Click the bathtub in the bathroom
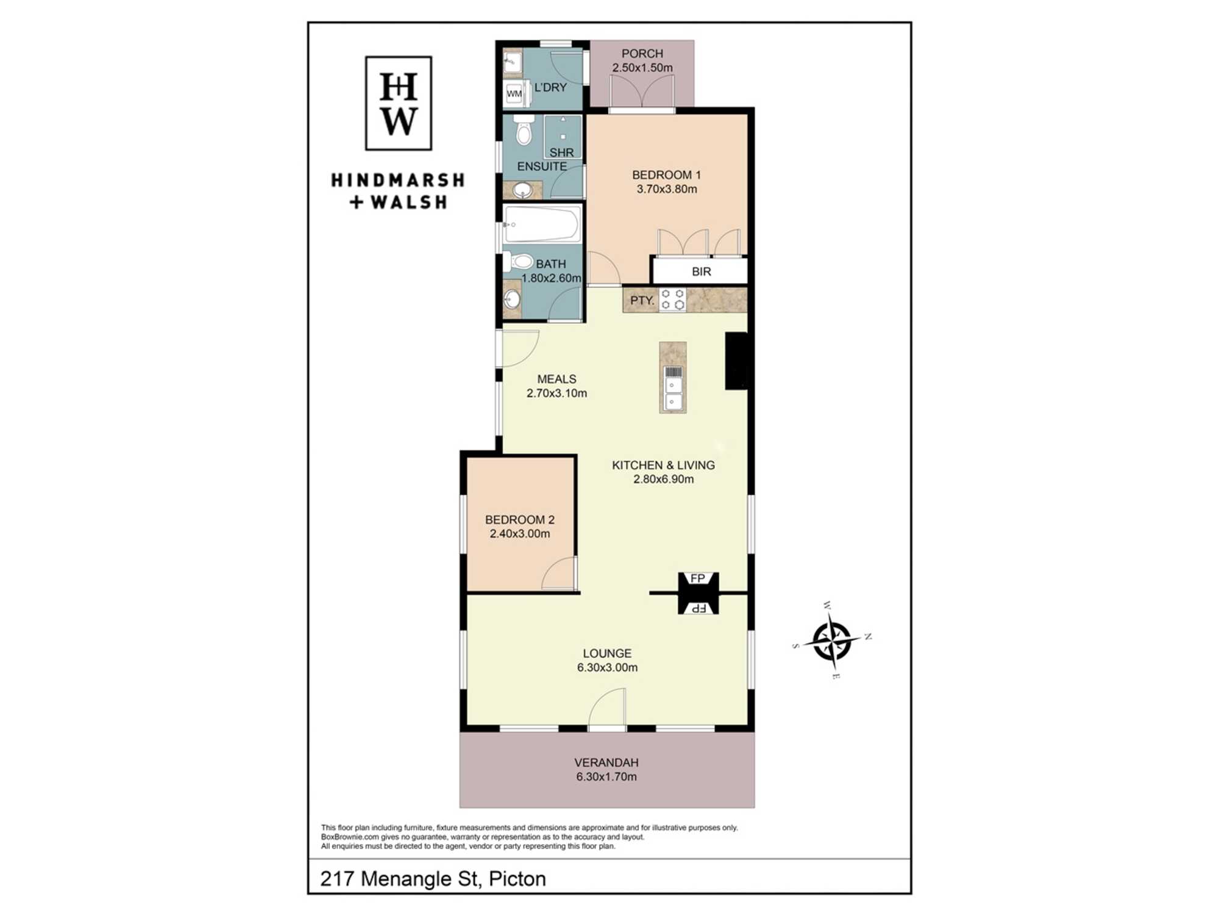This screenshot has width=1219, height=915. (541, 224)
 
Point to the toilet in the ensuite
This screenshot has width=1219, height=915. (523, 129)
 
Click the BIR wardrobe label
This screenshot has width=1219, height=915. (702, 271)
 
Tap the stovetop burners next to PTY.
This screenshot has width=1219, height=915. (672, 300)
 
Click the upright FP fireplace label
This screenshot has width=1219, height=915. (698, 578)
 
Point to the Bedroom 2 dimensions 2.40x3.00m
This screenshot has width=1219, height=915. (520, 534)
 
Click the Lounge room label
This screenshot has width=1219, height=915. (607, 653)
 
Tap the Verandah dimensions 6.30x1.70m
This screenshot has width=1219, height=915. (606, 777)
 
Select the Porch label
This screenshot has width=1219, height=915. (642, 54)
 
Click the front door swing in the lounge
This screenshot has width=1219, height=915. (607, 708)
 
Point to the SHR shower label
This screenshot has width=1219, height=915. (561, 152)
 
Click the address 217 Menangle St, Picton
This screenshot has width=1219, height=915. (433, 878)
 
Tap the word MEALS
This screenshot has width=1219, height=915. (556, 379)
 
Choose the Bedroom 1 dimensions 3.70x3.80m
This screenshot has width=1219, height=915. (667, 189)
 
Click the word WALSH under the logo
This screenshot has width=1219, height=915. (408, 202)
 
